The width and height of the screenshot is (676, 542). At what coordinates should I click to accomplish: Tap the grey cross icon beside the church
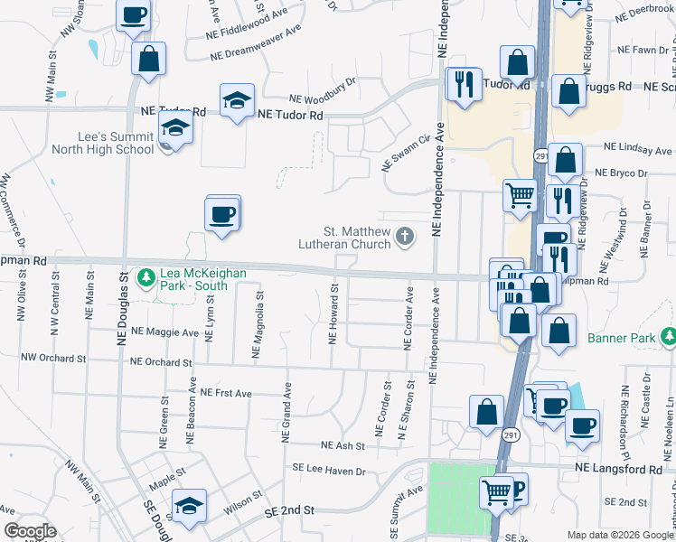(x=406, y=238)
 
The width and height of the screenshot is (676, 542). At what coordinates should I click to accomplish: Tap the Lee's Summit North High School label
(x=103, y=142)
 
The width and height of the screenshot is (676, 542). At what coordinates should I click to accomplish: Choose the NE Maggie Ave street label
(x=164, y=332)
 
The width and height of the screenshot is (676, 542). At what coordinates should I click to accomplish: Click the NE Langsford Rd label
(x=619, y=470)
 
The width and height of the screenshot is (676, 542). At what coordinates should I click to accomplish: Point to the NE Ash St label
(x=343, y=445)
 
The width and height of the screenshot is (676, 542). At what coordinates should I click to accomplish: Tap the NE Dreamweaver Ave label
(x=256, y=43)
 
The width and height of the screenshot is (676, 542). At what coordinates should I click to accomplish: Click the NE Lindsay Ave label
(x=637, y=149)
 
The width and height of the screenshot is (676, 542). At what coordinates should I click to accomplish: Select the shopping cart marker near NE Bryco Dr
(x=520, y=195)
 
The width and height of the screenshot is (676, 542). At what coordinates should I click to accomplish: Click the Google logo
(x=30, y=531)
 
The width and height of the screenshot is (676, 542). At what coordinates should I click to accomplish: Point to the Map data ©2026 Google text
(x=620, y=535)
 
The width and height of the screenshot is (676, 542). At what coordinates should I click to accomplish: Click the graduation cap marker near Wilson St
(x=190, y=507)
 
